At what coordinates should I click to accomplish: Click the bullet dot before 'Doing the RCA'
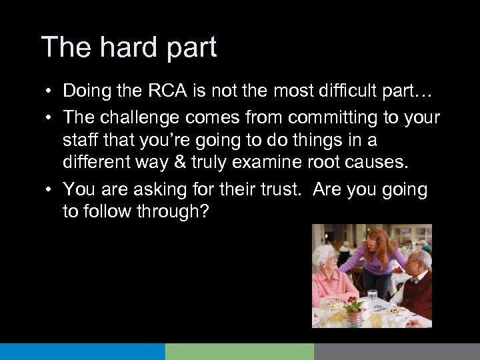[x=50, y=90]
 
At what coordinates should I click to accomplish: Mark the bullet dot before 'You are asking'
[x=50, y=190]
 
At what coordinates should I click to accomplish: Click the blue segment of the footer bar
[x=82, y=351]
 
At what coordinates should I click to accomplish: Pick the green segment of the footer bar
[x=239, y=351]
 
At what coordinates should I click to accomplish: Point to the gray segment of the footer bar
[x=397, y=351]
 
